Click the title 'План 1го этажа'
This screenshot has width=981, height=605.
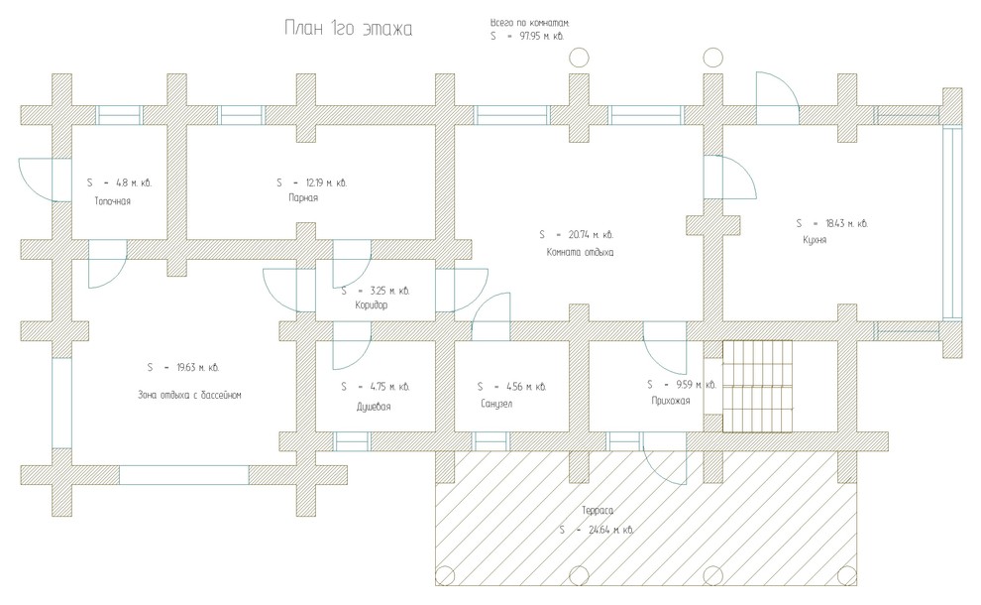coord(348,30)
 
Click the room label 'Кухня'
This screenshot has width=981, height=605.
coord(815,240)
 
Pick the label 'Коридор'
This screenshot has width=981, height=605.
coord(371,305)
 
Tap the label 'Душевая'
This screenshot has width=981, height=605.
coord(374,407)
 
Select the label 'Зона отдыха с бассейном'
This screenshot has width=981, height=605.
coord(190,394)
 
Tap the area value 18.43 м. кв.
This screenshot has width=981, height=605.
coord(843,223)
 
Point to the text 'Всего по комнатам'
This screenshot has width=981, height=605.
coord(530,22)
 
